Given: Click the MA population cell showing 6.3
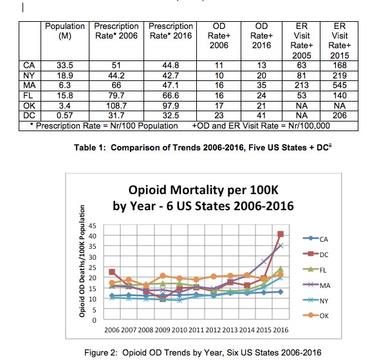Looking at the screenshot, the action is [64, 85].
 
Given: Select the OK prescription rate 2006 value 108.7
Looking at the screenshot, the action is [116, 105].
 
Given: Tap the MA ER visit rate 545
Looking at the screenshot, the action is [340, 85].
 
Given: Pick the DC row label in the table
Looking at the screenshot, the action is [29, 116].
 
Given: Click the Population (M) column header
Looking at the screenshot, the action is [65, 31].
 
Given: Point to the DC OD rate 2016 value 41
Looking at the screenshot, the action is [261, 116].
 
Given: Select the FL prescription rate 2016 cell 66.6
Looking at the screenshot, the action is [171, 96].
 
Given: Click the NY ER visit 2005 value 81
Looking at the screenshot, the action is [302, 75].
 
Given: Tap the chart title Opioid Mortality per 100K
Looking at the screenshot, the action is [203, 190].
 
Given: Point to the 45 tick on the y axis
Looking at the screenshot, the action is [93, 226].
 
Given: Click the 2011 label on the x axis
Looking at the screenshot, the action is [196, 330].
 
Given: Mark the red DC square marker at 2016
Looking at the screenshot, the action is [281, 234].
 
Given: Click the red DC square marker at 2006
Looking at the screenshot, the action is [112, 272].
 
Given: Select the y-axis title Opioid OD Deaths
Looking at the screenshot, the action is [82, 261].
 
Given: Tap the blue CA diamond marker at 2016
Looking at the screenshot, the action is [281, 292].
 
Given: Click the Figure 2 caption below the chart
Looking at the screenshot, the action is [203, 353].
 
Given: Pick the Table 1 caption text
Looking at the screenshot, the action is [203, 148].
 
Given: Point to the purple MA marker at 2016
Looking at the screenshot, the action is [281, 246].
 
